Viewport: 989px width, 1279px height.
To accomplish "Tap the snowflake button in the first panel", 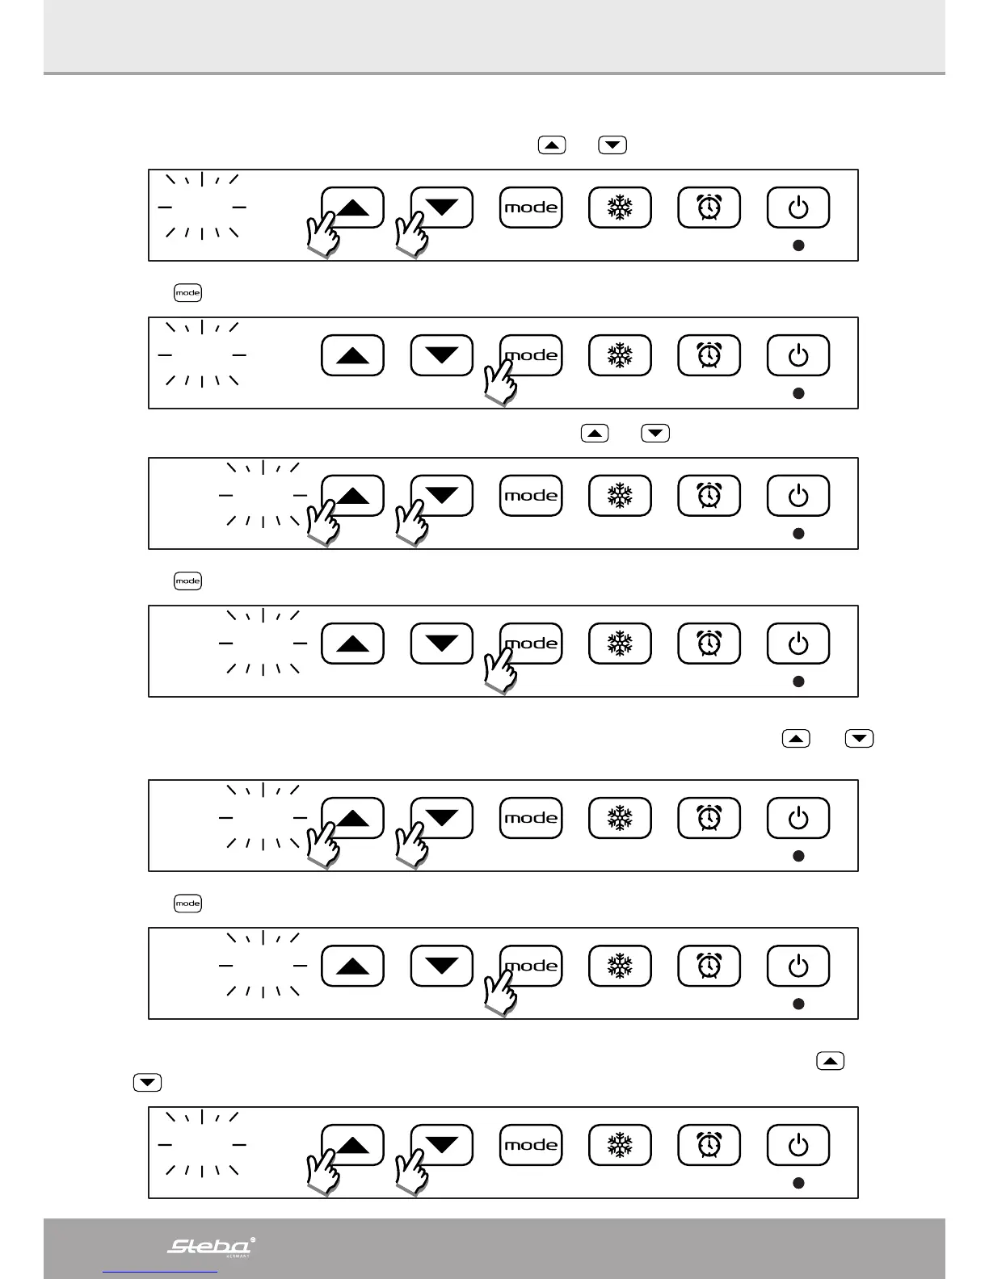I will pos(620,208).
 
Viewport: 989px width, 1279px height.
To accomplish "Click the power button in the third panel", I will pos(798,496).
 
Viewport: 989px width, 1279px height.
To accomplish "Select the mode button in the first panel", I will pos(531,208).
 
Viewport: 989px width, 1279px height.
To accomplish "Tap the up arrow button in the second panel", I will pos(352,355).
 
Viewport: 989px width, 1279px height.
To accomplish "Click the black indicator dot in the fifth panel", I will pos(798,856).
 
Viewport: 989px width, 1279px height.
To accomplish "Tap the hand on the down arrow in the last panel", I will pos(411,1172).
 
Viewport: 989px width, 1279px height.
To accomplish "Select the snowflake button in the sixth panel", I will pos(620,966).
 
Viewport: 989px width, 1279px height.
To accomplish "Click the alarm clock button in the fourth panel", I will pos(709,644).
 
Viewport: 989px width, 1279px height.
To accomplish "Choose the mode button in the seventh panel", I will pos(531,1145).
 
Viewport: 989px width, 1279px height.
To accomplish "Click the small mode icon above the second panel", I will pos(187,293).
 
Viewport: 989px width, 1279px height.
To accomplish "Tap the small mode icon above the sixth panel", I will pos(187,904).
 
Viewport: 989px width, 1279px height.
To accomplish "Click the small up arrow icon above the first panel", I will pos(552,145).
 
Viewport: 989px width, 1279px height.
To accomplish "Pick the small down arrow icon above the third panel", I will pos(655,434).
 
